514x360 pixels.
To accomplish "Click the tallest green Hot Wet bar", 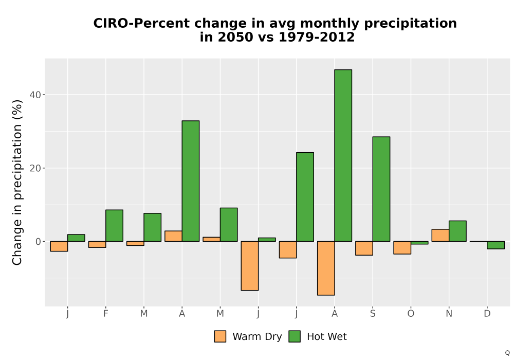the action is point(343,155).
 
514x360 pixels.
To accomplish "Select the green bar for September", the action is point(381,189).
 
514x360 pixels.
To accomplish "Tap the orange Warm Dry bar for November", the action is point(440,235).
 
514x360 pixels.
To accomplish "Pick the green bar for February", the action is point(115,226).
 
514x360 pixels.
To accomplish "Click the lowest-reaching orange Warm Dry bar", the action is point(326,268).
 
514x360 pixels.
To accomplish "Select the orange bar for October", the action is point(402,247).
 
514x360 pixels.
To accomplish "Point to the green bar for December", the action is point(495,245).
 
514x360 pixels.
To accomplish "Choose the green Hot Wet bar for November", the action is point(457,231).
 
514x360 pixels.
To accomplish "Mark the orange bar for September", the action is point(364,248).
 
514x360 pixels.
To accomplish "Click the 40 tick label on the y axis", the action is point(35,95).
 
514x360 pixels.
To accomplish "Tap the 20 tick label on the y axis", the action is point(35,168).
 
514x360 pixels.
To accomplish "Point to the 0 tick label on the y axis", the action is point(39,242).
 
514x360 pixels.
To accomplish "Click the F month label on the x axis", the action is point(105,314).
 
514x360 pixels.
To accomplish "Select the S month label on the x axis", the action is point(373,314).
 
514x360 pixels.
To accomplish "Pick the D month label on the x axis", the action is point(487,314).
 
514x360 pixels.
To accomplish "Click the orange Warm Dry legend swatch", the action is point(220,336).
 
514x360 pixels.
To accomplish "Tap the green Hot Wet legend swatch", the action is point(295,336).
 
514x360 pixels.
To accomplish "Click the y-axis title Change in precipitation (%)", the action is point(17,182).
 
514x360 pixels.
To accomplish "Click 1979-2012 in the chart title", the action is point(317,37).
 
